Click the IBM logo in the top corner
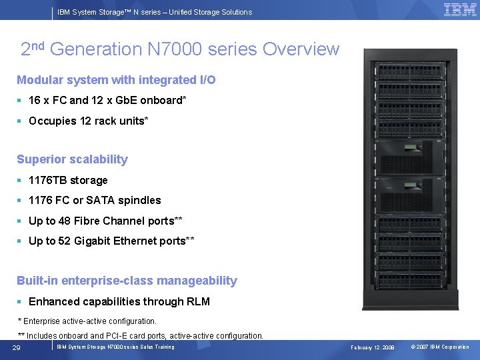pyautogui.click(x=459, y=10)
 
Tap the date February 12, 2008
pyautogui.click(x=373, y=347)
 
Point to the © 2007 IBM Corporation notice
pyautogui.click(x=440, y=347)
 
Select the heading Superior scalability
pyautogui.click(x=72, y=159)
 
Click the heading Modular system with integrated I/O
pyautogui.click(x=116, y=80)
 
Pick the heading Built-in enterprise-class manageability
pyautogui.click(x=127, y=281)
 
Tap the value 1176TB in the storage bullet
pyautogui.click(x=49, y=180)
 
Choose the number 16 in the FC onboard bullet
pyautogui.click(x=35, y=100)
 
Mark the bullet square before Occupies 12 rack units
pyautogui.click(x=20, y=121)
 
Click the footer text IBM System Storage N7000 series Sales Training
pyautogui.click(x=115, y=347)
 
